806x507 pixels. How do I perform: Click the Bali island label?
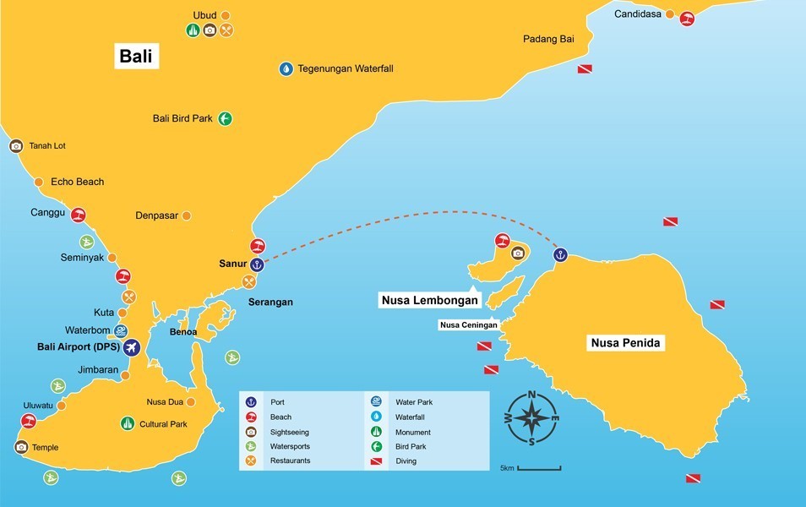tap(139, 57)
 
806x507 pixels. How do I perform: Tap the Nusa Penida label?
tap(624, 343)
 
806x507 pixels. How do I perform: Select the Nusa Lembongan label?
tap(429, 299)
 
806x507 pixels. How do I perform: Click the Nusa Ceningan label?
tap(468, 324)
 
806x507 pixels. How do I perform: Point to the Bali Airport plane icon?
tap(131, 347)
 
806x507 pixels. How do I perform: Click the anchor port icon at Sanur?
tap(258, 264)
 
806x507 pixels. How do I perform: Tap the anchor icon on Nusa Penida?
tap(559, 254)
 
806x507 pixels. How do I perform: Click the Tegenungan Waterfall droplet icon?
tap(286, 68)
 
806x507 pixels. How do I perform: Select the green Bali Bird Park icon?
tap(225, 119)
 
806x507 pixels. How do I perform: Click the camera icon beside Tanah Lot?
tap(16, 146)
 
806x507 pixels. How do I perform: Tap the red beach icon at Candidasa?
tap(688, 19)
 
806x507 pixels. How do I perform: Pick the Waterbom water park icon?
tap(122, 330)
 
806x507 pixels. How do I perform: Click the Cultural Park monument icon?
tap(128, 423)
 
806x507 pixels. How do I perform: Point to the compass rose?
tap(531, 418)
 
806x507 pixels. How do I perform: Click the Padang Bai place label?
tap(548, 39)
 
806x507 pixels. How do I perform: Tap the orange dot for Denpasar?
tap(187, 215)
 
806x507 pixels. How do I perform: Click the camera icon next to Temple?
tap(21, 447)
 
